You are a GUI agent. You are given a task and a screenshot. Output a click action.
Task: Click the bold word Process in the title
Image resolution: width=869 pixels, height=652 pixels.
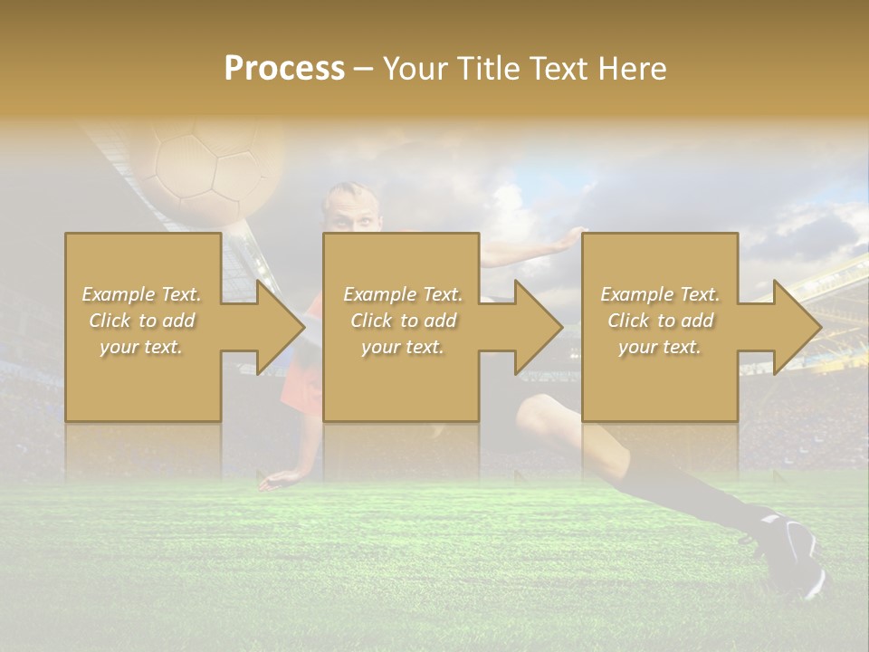(x=284, y=68)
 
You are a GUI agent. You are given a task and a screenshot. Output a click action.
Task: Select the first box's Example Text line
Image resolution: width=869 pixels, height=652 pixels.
(x=142, y=294)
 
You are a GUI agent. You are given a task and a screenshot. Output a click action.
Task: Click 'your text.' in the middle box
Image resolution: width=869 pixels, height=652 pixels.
(x=402, y=347)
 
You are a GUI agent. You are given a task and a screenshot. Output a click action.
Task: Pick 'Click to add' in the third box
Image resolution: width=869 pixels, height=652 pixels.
(x=661, y=321)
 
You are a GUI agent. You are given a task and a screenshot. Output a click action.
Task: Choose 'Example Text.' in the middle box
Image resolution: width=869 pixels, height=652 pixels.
(x=403, y=294)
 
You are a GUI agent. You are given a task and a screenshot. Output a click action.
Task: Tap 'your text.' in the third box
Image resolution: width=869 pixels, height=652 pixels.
(x=660, y=347)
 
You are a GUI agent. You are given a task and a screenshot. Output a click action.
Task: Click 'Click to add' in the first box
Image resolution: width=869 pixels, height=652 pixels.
(x=142, y=321)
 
